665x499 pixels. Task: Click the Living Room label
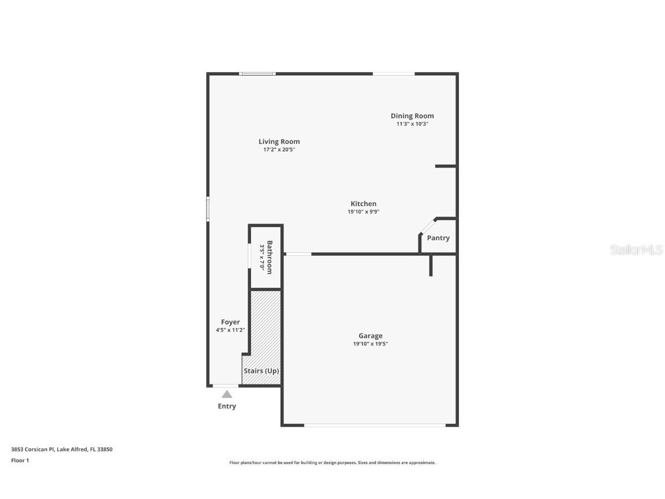(x=279, y=141)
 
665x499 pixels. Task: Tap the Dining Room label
(x=412, y=116)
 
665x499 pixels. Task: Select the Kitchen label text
(x=363, y=204)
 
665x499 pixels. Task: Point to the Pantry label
(x=438, y=238)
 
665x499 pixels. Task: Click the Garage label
(x=370, y=336)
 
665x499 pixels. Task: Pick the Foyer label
(x=230, y=322)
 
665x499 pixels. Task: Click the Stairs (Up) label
(x=261, y=371)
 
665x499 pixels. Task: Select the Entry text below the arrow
(x=227, y=407)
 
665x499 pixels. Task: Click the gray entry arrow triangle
(x=227, y=394)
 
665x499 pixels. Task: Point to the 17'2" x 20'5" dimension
(x=279, y=150)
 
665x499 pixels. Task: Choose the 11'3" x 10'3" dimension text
(x=412, y=124)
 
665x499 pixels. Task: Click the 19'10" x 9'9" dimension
(x=363, y=212)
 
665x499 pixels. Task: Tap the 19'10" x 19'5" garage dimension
(x=370, y=344)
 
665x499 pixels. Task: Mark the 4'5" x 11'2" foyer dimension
(x=230, y=330)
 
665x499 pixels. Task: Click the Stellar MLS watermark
(x=636, y=250)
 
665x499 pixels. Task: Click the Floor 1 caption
(x=20, y=460)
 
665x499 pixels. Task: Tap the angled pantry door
(x=428, y=226)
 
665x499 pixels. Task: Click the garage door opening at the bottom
(x=375, y=426)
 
